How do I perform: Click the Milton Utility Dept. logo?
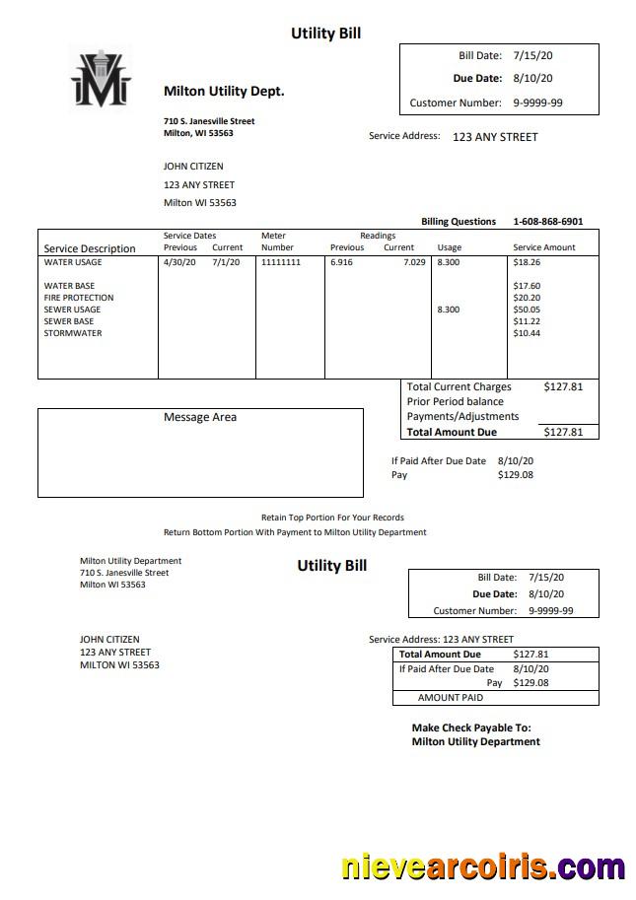(101, 77)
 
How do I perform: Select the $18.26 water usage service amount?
(527, 263)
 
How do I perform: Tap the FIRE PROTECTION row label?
(79, 298)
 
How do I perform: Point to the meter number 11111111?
(281, 263)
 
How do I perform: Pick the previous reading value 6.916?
(341, 263)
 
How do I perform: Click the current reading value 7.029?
(414, 263)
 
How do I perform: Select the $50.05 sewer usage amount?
(527, 310)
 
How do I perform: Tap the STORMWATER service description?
(73, 333)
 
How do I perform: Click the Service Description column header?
(90, 248)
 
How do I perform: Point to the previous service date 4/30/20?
(179, 263)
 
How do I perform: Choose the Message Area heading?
(200, 417)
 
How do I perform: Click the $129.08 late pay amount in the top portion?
(516, 475)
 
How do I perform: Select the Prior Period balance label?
(455, 402)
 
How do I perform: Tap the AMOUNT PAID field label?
(451, 698)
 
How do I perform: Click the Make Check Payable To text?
(471, 728)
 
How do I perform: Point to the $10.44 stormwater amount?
(527, 333)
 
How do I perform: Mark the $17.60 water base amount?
(527, 286)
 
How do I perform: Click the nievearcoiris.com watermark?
(482, 867)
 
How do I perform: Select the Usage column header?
(449, 247)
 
